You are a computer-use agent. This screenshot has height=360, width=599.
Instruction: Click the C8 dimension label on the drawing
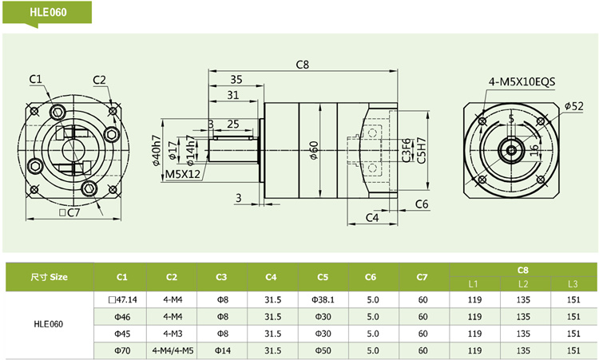tap(302, 64)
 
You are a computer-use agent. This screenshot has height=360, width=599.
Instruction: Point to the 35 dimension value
tap(236, 79)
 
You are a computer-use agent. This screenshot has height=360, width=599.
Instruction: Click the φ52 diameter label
tap(573, 105)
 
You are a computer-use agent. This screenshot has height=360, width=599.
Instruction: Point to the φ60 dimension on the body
tap(314, 149)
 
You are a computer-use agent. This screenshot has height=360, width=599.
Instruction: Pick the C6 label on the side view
tap(422, 204)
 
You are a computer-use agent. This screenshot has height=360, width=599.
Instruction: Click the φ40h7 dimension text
tap(155, 149)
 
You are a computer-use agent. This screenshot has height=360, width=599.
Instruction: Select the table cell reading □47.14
tap(122, 300)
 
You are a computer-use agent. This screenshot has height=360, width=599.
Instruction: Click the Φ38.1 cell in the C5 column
tap(322, 300)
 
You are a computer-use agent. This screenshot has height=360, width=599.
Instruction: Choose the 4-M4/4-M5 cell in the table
tap(172, 350)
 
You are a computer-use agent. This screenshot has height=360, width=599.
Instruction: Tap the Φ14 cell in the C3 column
tap(221, 350)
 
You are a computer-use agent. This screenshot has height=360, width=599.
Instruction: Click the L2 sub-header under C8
tap(523, 284)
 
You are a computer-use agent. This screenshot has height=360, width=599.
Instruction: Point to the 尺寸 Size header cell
tap(50, 277)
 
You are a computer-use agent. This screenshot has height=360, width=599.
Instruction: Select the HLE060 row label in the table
tap(49, 325)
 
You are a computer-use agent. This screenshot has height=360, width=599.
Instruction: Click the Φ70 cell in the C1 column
tap(122, 350)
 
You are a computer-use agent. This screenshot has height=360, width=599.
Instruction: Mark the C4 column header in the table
tap(272, 277)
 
